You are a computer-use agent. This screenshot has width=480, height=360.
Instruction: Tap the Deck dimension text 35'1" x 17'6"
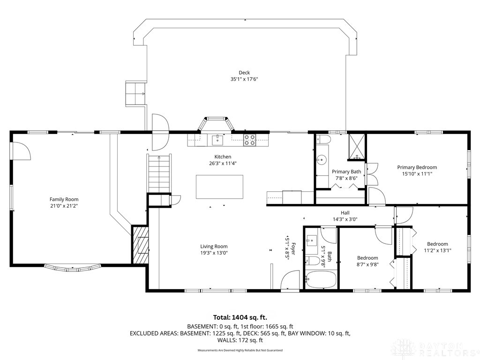click(x=244, y=79)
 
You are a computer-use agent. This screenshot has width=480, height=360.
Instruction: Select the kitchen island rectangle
click(x=219, y=187)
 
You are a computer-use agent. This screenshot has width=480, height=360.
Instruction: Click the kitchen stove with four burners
click(x=250, y=139)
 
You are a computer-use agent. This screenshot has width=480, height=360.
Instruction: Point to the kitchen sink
click(x=217, y=139)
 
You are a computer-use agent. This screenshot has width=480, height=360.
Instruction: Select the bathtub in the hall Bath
click(x=320, y=280)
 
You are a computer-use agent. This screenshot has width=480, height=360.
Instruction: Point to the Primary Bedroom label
click(x=417, y=167)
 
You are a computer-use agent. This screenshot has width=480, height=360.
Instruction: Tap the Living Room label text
click(x=214, y=247)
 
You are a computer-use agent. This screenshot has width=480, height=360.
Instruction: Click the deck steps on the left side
click(x=135, y=94)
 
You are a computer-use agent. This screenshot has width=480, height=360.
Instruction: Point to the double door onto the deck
click(x=160, y=132)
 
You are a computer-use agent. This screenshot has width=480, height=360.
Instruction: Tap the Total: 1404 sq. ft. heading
click(x=240, y=317)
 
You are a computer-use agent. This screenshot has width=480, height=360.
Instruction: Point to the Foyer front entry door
click(x=288, y=282)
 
